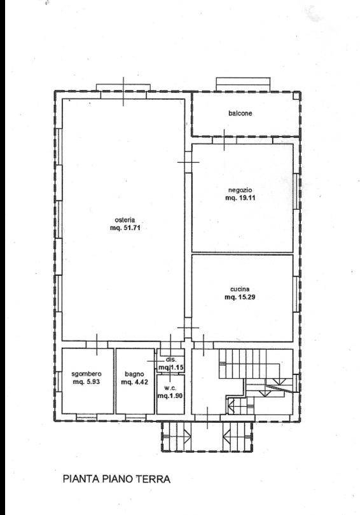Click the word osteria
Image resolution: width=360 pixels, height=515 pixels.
[125, 220]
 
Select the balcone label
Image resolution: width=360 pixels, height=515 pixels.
[240, 113]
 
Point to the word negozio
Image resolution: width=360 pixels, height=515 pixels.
[240, 190]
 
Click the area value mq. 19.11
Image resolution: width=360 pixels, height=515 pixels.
[240, 198]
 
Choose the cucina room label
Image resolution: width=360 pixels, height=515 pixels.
[240, 289]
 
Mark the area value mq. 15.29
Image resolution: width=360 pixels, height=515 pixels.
[240, 298]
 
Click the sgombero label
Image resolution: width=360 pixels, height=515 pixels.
[87, 374]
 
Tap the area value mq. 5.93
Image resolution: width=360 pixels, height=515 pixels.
[87, 382]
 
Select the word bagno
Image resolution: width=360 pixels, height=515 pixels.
[134, 374]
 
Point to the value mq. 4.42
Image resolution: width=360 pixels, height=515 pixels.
[134, 382]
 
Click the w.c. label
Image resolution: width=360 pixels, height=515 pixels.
[171, 388]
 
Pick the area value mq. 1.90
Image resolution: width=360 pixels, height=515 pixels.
[170, 396]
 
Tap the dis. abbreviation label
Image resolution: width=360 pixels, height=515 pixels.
[172, 360]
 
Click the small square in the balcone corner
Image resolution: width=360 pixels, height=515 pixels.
[296, 95]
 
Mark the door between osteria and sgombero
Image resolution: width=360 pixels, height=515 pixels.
[97, 345]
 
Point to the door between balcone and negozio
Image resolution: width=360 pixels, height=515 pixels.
[224, 141]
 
